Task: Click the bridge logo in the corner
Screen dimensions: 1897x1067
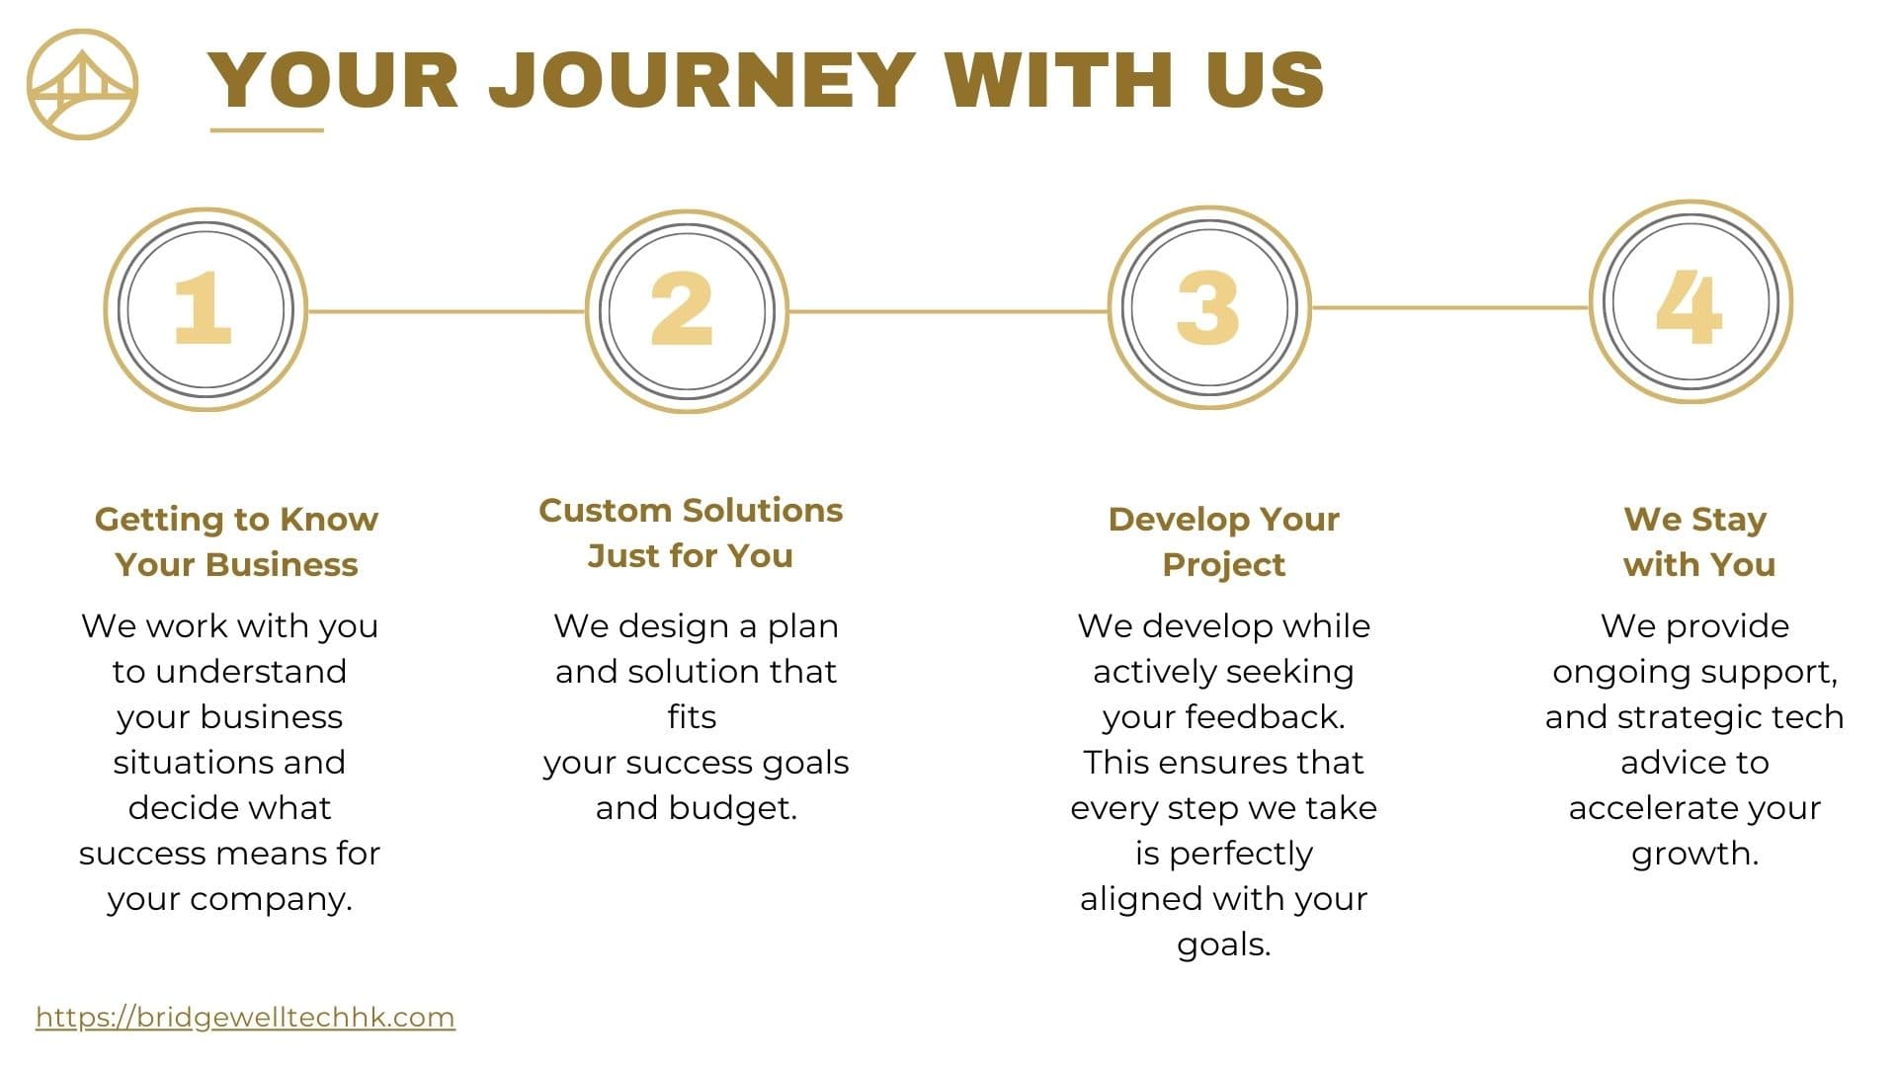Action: point(82,84)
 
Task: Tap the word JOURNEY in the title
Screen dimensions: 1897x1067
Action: point(702,79)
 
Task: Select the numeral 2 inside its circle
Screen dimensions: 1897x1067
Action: point(682,308)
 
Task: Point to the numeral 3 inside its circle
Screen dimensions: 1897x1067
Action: point(1207,307)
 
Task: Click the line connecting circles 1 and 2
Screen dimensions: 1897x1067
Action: point(447,311)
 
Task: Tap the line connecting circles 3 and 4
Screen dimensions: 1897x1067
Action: point(1450,307)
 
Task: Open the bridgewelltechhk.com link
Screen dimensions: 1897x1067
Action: point(245,1018)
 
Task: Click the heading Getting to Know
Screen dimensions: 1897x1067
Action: point(236,520)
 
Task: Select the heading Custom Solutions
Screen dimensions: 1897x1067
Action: point(691,510)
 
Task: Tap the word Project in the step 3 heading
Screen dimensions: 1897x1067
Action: point(1223,565)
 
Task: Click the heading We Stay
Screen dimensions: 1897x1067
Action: point(1695,520)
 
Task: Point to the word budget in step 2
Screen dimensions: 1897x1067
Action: point(732,808)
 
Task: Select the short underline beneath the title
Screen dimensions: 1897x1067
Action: point(267,129)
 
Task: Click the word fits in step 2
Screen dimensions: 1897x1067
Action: point(692,716)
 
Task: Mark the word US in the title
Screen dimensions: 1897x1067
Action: point(1265,79)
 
